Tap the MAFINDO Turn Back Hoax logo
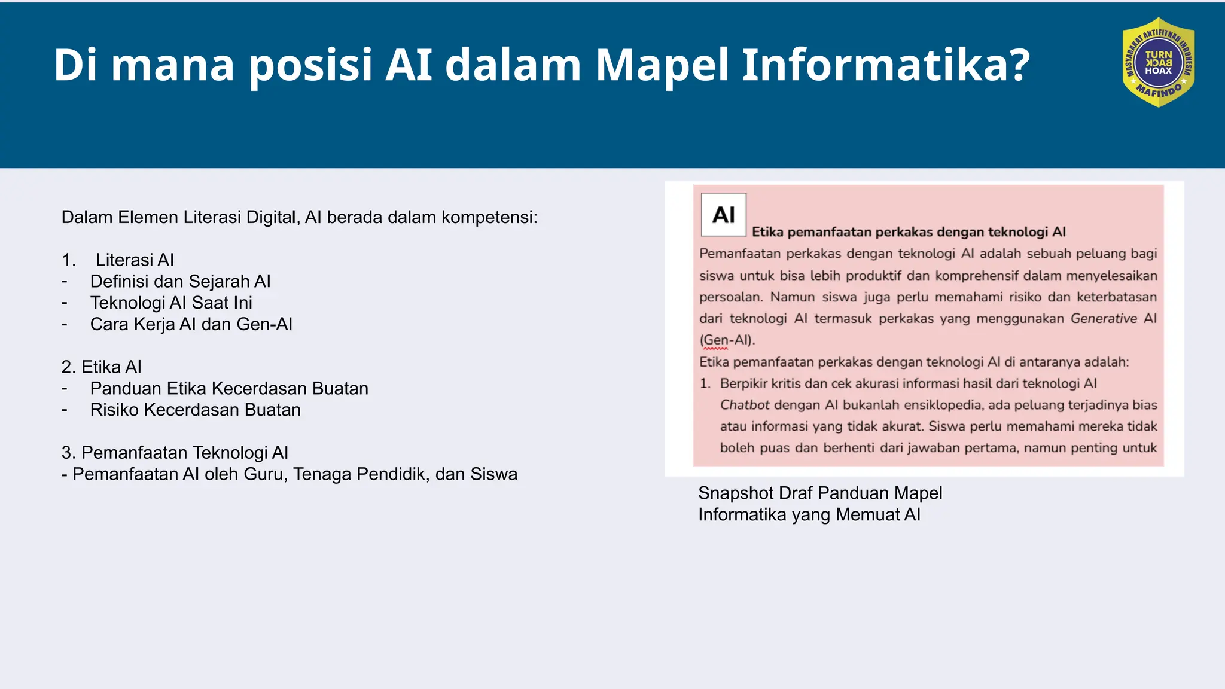coord(1158,63)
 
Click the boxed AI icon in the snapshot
coord(723,215)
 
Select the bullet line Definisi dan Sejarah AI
coord(180,281)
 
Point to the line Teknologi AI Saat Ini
coord(171,303)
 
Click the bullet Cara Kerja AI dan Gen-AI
coord(191,324)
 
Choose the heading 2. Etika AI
coord(101,367)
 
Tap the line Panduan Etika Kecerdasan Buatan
coord(229,388)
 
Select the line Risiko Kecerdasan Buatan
coord(195,410)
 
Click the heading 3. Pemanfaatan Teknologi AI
coord(175,453)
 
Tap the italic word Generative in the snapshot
coord(1103,318)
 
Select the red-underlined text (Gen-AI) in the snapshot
coord(727,340)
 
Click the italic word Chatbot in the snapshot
coord(744,405)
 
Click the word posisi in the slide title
coord(311,65)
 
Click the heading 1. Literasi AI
coord(118,260)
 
